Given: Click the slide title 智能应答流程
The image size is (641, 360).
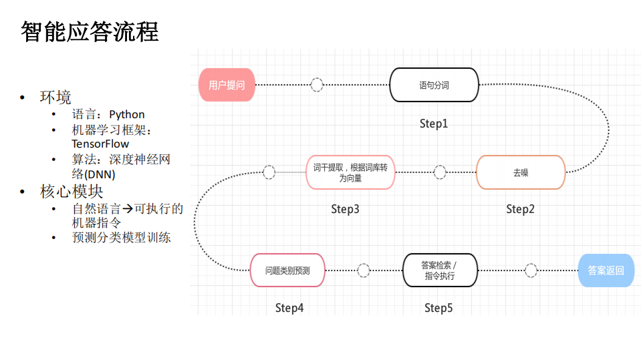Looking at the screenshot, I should click(x=90, y=31).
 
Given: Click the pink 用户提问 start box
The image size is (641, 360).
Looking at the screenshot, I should click(x=227, y=85).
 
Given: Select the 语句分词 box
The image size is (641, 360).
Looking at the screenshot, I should click(x=434, y=85).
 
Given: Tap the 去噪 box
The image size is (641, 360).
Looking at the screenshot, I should click(x=521, y=172).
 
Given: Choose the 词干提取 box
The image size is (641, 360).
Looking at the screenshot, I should click(x=350, y=172).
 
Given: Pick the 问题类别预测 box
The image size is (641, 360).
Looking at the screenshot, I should click(x=287, y=271).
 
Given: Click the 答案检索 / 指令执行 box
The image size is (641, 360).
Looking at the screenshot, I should click(x=440, y=271).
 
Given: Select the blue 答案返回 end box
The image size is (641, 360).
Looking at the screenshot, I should click(x=606, y=271).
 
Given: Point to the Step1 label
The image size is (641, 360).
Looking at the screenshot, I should click(x=433, y=124).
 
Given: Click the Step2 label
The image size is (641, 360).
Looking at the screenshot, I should click(x=520, y=209).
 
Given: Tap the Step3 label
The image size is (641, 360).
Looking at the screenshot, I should click(x=345, y=209).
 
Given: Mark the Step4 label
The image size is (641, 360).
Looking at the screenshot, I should click(x=289, y=308).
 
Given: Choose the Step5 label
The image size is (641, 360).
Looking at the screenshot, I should click(x=438, y=308).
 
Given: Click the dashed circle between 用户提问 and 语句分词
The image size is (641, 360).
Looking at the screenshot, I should click(x=317, y=85).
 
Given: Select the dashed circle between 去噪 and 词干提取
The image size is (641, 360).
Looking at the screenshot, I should click(x=440, y=172).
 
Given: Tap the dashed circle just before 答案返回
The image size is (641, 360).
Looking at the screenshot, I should click(x=531, y=271).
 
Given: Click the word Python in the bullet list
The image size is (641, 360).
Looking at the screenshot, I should click(x=127, y=114).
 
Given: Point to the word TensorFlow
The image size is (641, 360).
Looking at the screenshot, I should click(x=100, y=144).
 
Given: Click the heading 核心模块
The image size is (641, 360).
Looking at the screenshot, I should click(x=72, y=192).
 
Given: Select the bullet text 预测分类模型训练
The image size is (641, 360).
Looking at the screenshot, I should click(x=122, y=237).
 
